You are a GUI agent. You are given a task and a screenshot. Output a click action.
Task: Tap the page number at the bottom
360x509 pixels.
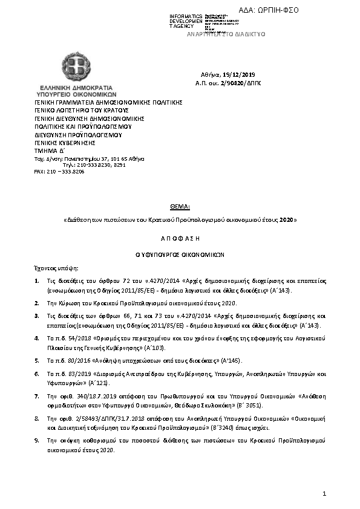pyautogui.click(x=324, y=495)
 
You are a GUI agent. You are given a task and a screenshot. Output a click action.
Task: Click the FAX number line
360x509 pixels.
pyautogui.click(x=59, y=172)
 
